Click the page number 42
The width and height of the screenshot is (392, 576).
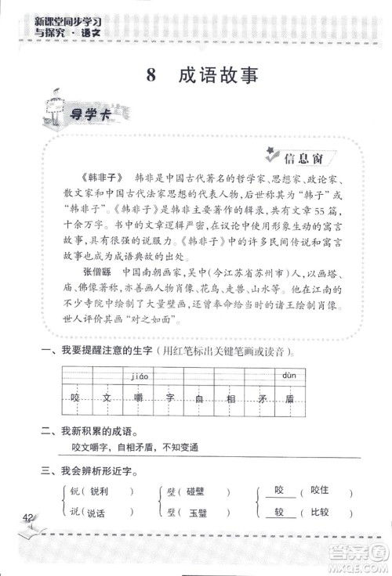(28, 517)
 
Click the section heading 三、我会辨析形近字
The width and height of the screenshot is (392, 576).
(91, 471)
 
